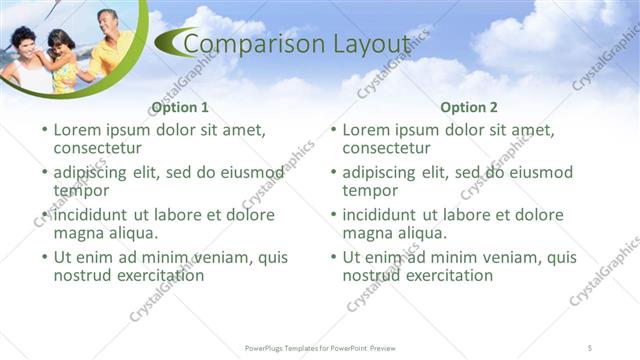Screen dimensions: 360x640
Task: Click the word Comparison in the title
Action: [x=247, y=44]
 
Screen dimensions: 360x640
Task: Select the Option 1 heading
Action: [x=179, y=108]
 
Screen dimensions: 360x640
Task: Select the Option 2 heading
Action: [x=468, y=108]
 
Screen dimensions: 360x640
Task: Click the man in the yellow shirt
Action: [x=111, y=45]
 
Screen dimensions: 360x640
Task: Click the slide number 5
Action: [x=591, y=346]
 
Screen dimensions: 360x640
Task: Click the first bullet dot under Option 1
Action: [x=42, y=130]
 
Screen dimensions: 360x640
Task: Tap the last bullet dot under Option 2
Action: [x=332, y=256]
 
